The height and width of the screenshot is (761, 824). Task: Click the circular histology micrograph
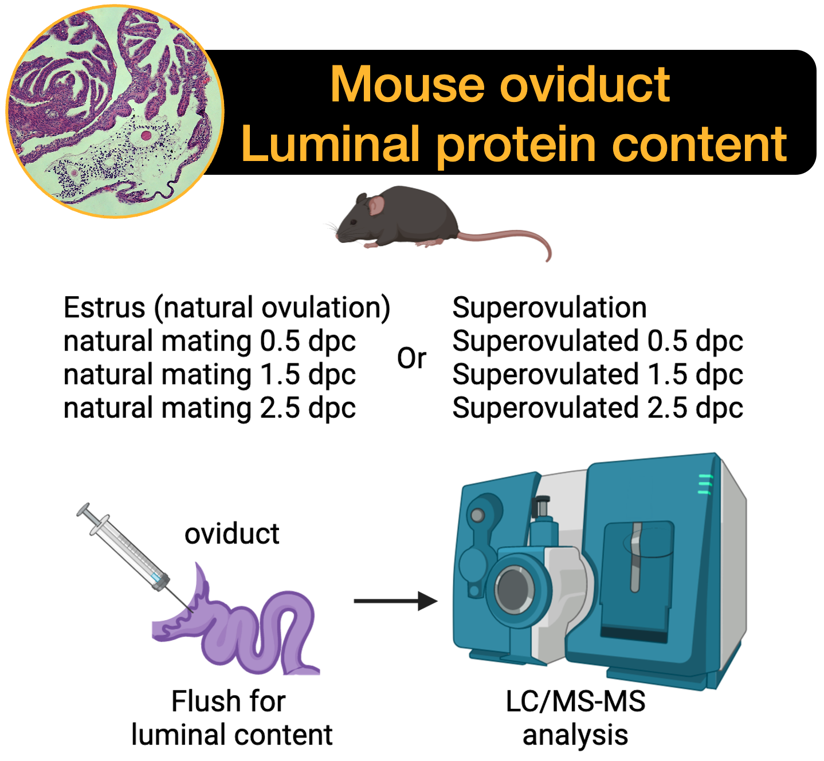point(115,112)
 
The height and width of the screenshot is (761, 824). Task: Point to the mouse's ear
point(376,205)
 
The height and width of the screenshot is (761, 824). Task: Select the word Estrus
point(104,308)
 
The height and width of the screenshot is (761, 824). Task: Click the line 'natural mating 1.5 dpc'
point(210,375)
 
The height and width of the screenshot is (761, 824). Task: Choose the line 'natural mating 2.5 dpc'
point(210,408)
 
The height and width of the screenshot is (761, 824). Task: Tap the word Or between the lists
point(411,359)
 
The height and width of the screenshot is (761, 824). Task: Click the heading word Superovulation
point(550,308)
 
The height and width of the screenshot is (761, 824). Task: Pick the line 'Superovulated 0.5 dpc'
point(598,341)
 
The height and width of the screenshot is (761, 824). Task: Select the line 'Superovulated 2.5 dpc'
point(598,408)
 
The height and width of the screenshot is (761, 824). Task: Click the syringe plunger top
point(84,509)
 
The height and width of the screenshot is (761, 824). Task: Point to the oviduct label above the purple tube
point(231,534)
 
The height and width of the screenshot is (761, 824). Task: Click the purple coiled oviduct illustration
point(258,630)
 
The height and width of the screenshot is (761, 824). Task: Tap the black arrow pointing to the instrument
point(395,601)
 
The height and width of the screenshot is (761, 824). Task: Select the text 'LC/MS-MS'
point(575,701)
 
